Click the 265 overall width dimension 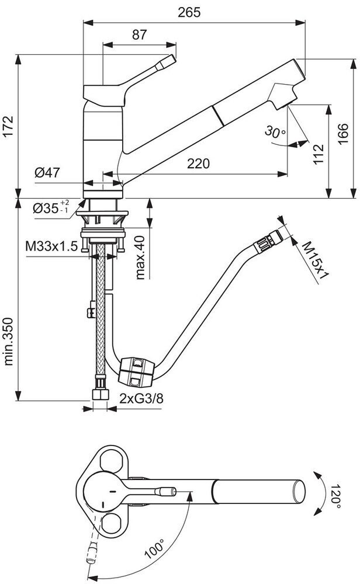pos(193,12)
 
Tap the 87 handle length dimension pos(139,34)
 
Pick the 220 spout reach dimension pos(198,164)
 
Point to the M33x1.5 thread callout pos(51,246)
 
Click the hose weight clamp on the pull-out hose pos(137,371)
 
